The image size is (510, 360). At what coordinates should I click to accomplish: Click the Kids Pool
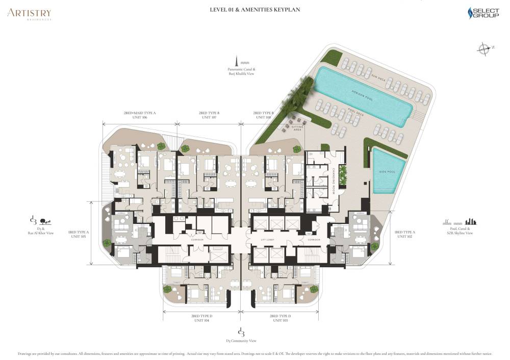point(389,171)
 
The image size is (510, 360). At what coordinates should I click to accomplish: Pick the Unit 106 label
point(139,117)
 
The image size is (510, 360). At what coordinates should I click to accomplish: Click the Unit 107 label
point(209,117)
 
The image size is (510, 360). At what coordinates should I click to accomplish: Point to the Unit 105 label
point(79,237)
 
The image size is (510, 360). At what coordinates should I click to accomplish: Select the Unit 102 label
point(405,237)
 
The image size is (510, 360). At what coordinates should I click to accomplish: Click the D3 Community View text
point(241,340)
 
